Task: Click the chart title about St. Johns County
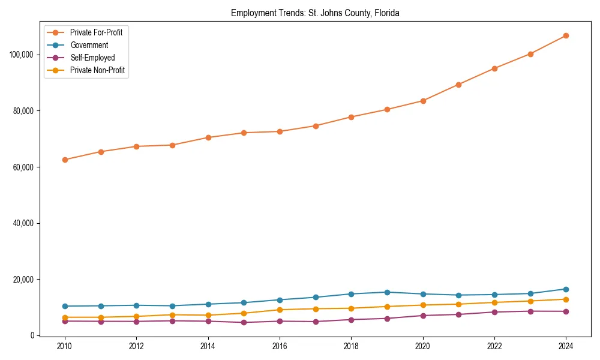coord(315,13)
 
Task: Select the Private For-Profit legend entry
coord(96,32)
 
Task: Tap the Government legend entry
coord(91,45)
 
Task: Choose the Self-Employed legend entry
coord(92,58)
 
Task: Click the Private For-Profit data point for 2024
coord(566,36)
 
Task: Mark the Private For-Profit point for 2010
coord(65,160)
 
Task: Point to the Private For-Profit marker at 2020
coord(423,101)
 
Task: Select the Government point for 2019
coord(387,292)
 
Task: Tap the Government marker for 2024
coord(566,289)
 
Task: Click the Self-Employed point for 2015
coord(244,322)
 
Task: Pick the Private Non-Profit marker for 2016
coord(280,310)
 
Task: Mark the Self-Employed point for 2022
coord(494,312)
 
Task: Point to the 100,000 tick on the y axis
coord(22,55)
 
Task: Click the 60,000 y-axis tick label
coord(23,167)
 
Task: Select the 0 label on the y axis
coord(33,335)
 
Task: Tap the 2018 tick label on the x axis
coord(351,346)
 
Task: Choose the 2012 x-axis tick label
coord(136,346)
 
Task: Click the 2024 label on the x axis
coord(566,346)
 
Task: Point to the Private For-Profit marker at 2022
coord(494,68)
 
